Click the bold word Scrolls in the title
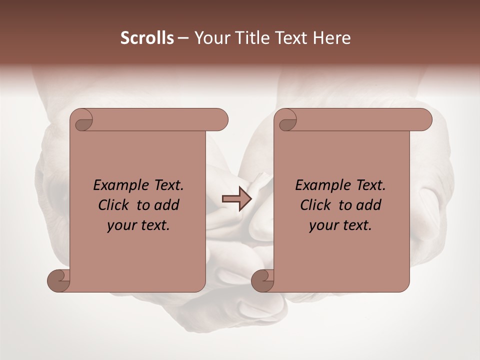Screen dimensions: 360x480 pos(147,38)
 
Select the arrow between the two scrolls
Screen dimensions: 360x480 pos(236,198)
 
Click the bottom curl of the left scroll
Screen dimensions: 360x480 pos(59,280)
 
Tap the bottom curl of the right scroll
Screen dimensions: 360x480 pos(262,280)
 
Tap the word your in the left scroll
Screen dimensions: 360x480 pos(120,226)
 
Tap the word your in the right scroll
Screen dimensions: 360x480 pos(322,226)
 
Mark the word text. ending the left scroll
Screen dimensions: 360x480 pos(154,226)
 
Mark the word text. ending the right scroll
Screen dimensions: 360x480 pos(356,226)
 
